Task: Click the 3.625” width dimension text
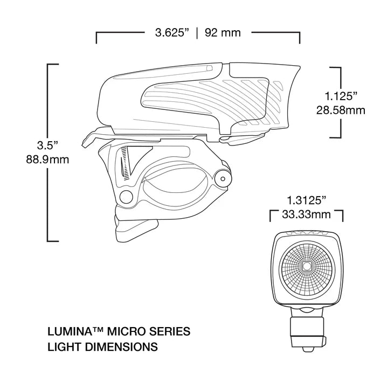pyautogui.click(x=171, y=32)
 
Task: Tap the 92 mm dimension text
pyautogui.click(x=223, y=32)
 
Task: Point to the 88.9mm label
pyautogui.click(x=47, y=160)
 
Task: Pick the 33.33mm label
pyautogui.click(x=306, y=214)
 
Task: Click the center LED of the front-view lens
pyautogui.click(x=306, y=266)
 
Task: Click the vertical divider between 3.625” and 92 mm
pyautogui.click(x=197, y=32)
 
